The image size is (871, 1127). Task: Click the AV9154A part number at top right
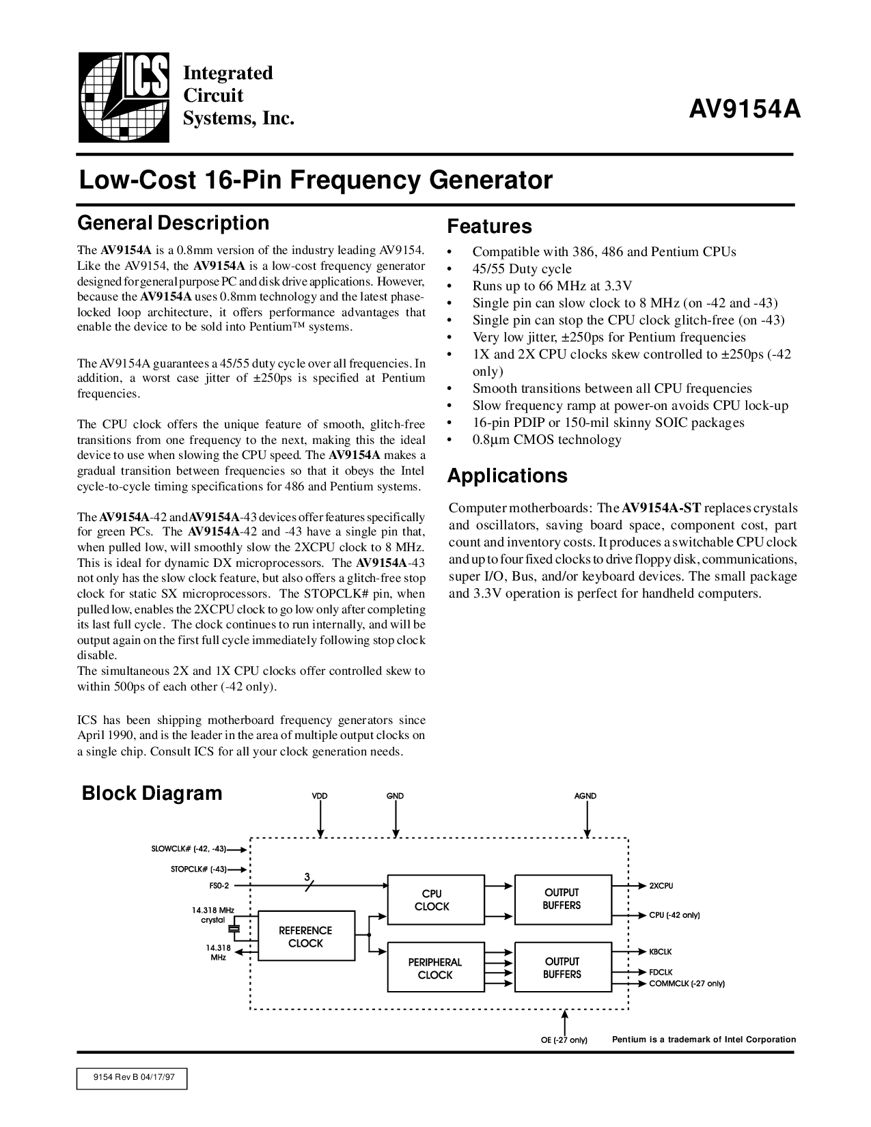point(743,109)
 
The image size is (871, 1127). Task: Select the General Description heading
point(174,223)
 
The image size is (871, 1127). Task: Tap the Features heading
point(489,226)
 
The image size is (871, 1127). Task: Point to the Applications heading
point(507,475)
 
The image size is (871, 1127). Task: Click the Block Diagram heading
point(152,793)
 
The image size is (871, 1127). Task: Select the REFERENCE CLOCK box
point(305,936)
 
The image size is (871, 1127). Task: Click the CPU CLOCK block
point(432,900)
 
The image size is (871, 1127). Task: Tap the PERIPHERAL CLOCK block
point(435,968)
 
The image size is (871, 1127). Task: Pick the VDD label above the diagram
point(320,796)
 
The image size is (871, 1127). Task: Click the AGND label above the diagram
point(585,796)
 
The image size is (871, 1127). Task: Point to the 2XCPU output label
point(661,885)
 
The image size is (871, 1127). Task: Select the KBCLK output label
point(661,951)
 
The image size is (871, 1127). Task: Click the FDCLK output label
point(661,971)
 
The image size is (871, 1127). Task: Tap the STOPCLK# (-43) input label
point(199,869)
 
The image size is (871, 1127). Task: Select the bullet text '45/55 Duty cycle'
point(522,268)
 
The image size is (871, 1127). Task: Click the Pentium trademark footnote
point(704,1040)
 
